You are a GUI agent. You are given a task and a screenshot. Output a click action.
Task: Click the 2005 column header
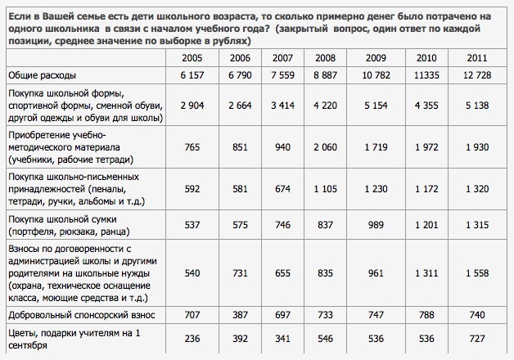click(x=192, y=57)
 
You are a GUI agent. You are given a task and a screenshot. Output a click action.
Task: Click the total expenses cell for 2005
click(x=192, y=75)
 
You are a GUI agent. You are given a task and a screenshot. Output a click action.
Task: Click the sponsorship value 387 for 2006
click(x=239, y=313)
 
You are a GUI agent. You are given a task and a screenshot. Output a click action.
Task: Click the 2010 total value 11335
click(x=426, y=75)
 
